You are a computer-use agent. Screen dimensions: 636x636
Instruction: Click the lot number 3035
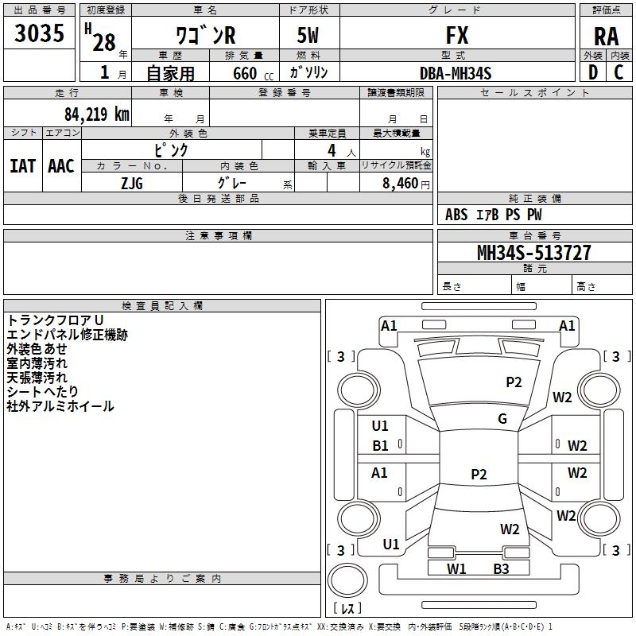pyautogui.click(x=39, y=33)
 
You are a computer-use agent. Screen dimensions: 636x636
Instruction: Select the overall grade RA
pyautogui.click(x=606, y=36)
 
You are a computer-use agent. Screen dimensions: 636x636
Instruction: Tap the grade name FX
pyautogui.click(x=457, y=36)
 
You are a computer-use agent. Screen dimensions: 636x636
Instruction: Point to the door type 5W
pyautogui.click(x=308, y=36)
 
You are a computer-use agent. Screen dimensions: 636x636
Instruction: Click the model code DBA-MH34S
pyautogui.click(x=456, y=73)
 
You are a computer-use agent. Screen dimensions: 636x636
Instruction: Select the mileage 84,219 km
pyautogui.click(x=96, y=114)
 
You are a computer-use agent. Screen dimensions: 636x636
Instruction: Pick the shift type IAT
pyautogui.click(x=22, y=165)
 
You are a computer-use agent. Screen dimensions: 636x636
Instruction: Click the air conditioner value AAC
pyautogui.click(x=61, y=165)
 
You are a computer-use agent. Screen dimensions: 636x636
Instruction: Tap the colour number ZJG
pyautogui.click(x=131, y=183)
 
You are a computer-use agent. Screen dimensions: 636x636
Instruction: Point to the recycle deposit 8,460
pyautogui.click(x=401, y=183)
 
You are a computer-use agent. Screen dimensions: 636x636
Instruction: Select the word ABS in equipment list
pyautogui.click(x=456, y=215)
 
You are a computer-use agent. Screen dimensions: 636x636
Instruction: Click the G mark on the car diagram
pyautogui.click(x=502, y=419)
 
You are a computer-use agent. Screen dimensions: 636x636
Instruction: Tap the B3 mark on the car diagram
pyautogui.click(x=501, y=568)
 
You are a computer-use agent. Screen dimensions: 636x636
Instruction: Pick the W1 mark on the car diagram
pyautogui.click(x=456, y=568)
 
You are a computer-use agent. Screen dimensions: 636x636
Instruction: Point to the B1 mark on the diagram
pyautogui.click(x=380, y=446)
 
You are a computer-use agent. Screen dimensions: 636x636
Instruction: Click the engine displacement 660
pyautogui.click(x=244, y=73)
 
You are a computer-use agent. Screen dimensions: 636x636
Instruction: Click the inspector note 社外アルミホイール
pyautogui.click(x=60, y=406)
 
